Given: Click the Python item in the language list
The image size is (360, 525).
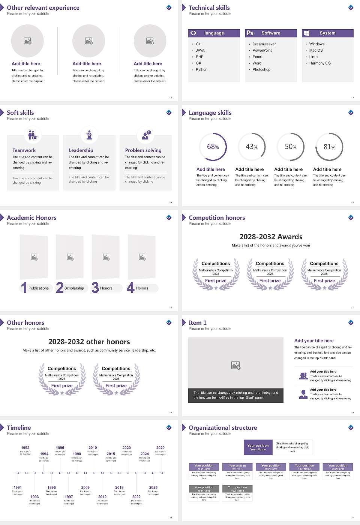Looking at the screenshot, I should point(201,70).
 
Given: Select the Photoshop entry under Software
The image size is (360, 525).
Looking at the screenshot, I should point(261,70).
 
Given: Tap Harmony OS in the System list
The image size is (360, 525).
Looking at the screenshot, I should point(320,63).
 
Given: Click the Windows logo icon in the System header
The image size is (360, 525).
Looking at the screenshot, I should point(307,33).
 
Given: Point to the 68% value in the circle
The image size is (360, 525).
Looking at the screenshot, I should point(213,147).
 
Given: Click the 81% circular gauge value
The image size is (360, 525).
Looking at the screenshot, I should point(329,147).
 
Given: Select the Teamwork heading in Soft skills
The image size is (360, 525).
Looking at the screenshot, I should point(24,150).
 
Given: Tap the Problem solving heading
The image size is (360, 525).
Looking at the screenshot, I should point(143,150).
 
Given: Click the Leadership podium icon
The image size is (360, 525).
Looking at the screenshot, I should point(89,135).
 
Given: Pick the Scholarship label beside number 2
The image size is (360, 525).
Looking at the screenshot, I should point(74,288).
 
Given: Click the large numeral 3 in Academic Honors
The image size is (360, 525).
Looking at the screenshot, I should point(95,288).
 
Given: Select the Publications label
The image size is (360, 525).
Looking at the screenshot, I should point(39,288).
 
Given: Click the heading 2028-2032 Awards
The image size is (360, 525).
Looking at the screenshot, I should point(271,237).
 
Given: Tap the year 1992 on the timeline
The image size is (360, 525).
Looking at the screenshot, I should point(25,448).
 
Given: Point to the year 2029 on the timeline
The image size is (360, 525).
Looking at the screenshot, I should point(160,448).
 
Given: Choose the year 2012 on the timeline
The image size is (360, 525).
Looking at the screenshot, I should point(102,497).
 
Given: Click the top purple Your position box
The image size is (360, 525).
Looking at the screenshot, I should point(258,447).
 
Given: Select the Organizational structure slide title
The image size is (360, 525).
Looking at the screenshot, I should point(223,428).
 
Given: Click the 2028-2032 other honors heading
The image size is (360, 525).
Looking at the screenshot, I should point(89,342).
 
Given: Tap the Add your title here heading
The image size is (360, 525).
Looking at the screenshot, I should point(314,341).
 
